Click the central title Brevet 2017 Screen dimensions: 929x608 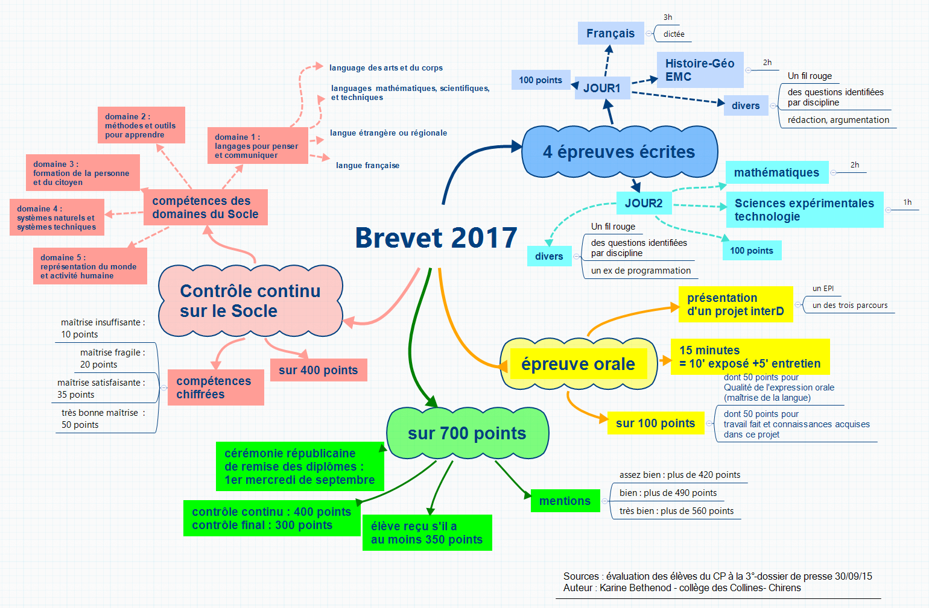436,238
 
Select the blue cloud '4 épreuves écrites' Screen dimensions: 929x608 619,152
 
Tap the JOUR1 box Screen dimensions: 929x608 601,89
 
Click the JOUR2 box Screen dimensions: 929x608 643,204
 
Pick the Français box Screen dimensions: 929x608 610,34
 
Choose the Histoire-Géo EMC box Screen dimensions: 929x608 700,70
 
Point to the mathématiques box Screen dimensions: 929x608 776,173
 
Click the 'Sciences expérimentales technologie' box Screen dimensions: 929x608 804,210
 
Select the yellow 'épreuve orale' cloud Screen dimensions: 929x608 578,364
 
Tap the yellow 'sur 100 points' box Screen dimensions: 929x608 655,424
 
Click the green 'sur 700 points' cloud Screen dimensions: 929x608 467,433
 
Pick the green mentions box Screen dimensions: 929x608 565,501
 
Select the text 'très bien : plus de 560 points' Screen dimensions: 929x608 676,511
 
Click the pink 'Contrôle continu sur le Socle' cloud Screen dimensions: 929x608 250,301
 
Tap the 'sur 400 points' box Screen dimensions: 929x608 318,370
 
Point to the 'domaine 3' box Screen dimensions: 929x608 82,173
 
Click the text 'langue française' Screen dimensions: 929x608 367,166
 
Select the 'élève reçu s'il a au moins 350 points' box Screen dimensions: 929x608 426,533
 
